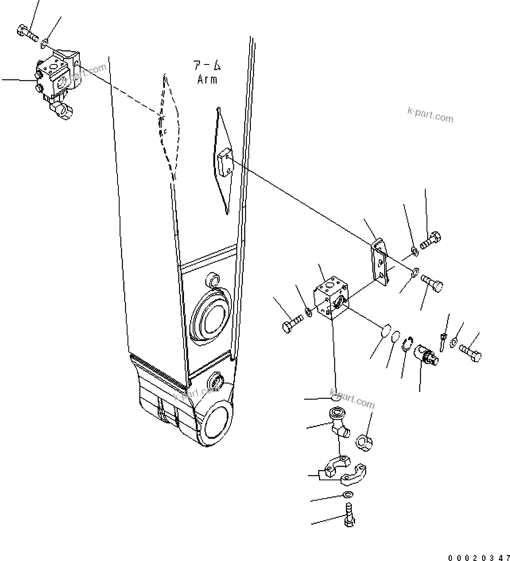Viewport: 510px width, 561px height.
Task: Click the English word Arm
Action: (207, 79)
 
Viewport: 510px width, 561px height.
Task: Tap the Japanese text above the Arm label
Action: (206, 65)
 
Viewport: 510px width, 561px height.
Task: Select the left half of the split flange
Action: (336, 467)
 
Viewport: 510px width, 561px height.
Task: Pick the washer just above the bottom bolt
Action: (348, 494)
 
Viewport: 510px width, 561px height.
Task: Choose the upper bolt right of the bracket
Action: (430, 240)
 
